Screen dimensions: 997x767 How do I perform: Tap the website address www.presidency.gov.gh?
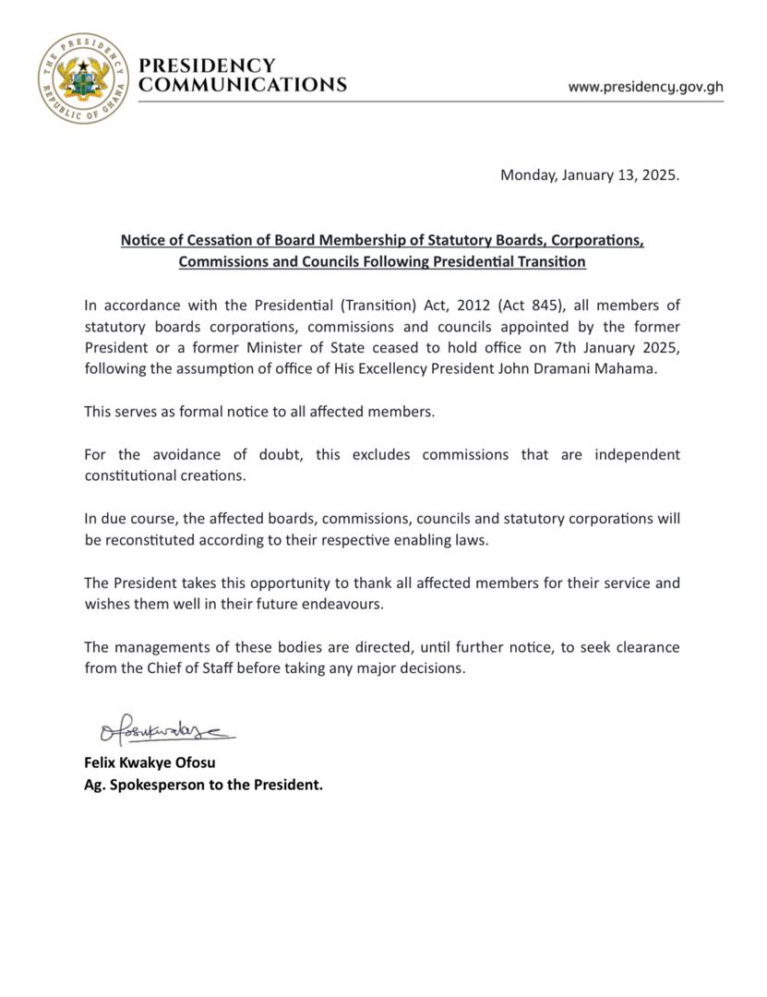point(645,87)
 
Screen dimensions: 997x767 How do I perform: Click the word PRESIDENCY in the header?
point(206,66)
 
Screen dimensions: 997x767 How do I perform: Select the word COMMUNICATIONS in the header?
point(242,85)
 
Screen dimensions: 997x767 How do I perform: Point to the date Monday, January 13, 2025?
point(589,174)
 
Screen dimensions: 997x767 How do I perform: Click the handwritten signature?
point(166,733)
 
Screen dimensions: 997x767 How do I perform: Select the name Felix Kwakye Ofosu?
point(150,763)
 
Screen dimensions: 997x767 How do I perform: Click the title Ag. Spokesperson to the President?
point(203,786)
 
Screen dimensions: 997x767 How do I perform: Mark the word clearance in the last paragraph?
point(648,647)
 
